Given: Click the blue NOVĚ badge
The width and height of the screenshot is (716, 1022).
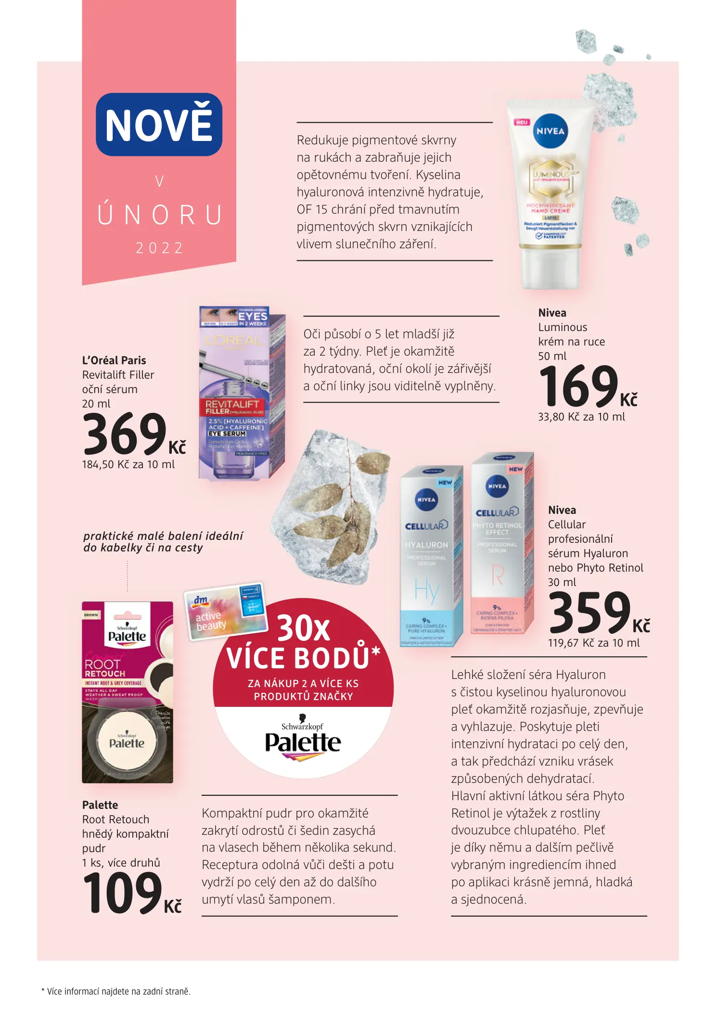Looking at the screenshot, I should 159,125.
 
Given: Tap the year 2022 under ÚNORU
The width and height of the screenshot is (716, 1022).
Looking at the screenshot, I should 159,248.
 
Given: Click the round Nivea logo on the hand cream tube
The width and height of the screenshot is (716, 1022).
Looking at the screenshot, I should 550,131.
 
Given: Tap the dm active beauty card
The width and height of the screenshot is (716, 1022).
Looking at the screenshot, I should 226,611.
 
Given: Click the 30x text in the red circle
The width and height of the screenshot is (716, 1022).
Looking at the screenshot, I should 304,628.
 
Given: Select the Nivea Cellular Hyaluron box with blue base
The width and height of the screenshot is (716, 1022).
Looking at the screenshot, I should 431,556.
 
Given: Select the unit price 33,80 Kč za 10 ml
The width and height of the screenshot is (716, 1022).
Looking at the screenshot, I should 581,417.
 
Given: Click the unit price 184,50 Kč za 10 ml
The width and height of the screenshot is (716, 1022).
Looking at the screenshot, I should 128,465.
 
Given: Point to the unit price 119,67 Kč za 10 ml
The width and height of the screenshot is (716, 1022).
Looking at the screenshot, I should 594,643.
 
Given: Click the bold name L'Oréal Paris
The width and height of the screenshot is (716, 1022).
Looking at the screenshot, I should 114,360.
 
